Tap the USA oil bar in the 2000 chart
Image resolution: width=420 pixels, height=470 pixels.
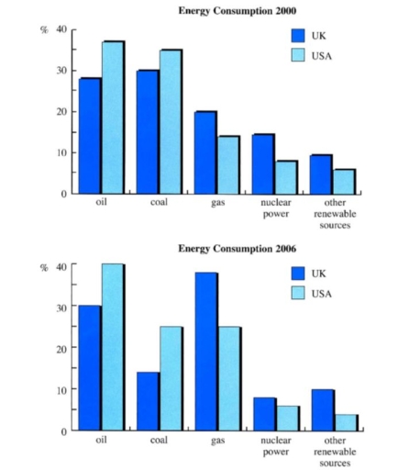(113, 117)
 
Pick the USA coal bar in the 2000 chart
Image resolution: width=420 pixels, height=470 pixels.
(171, 121)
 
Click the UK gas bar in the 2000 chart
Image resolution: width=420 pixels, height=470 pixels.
(204, 152)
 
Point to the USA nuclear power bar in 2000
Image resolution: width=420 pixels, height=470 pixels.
(285, 177)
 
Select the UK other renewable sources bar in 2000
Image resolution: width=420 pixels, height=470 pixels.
(320, 174)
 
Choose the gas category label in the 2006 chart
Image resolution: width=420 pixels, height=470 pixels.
(216, 442)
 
